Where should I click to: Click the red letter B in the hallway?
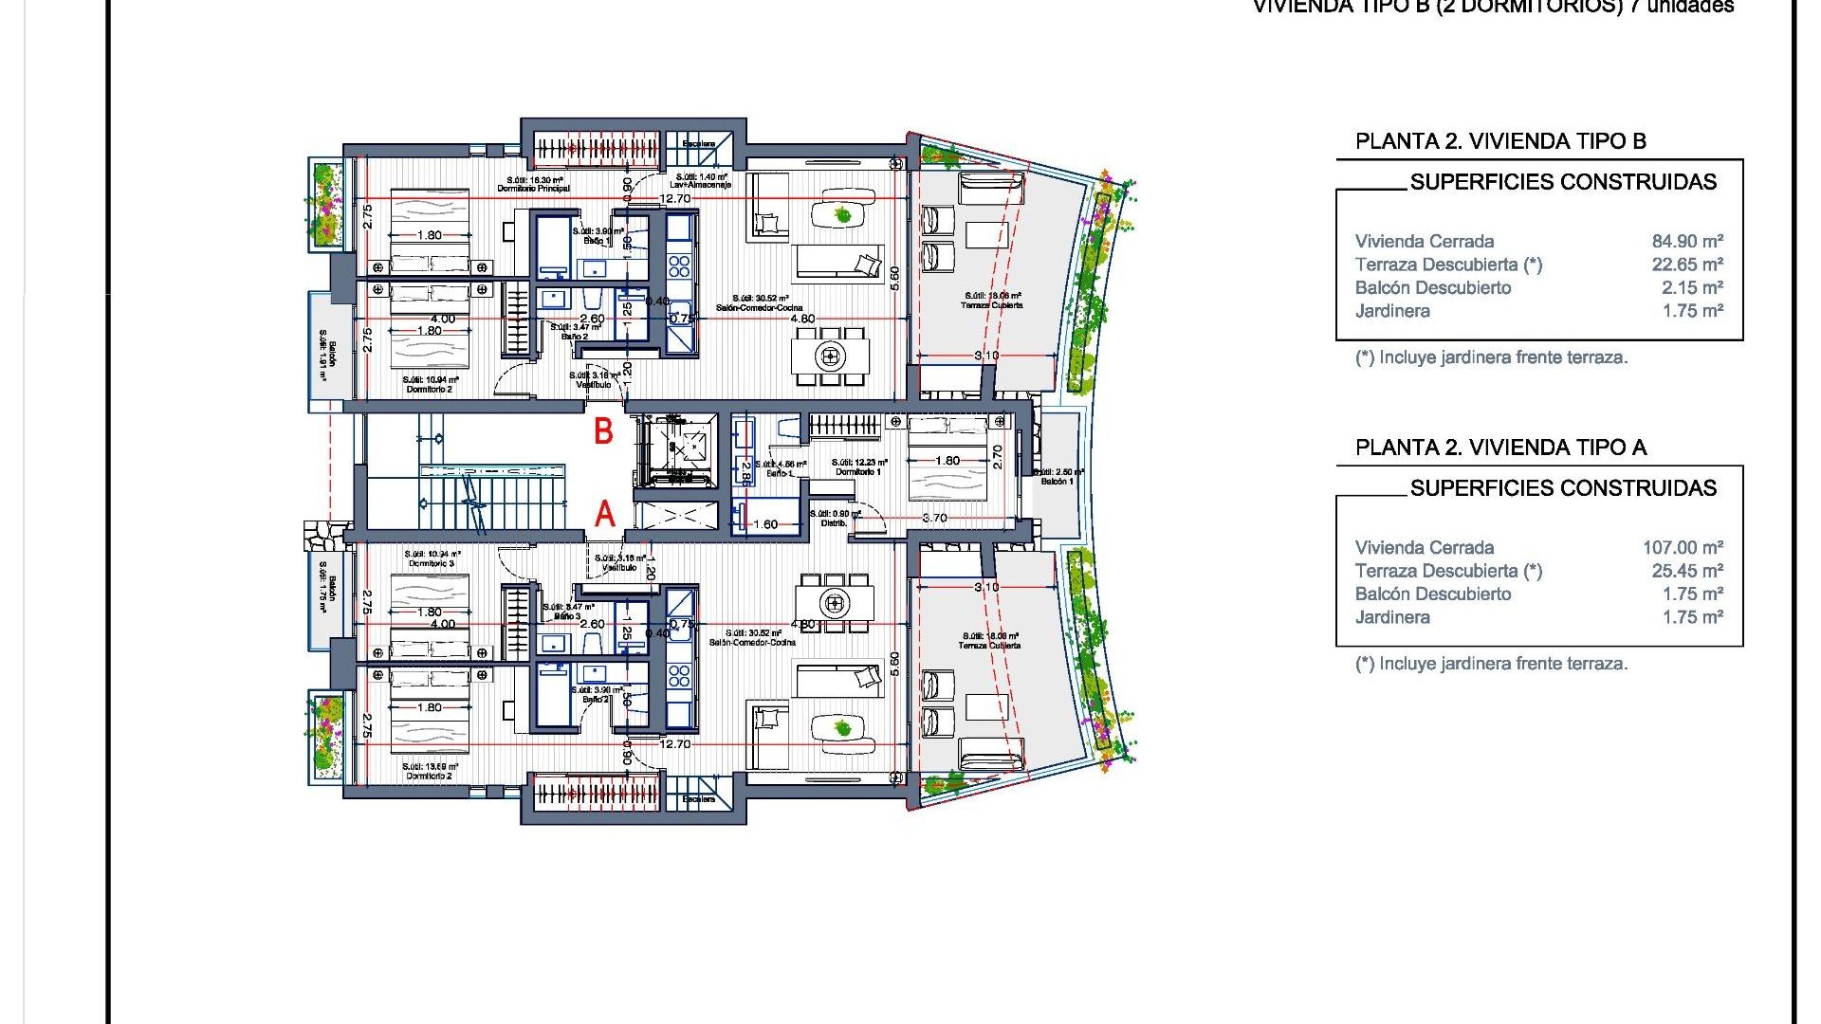click(603, 431)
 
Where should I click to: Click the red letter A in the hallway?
click(604, 514)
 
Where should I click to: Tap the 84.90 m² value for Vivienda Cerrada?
click(1687, 242)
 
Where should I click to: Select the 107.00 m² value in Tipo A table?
click(1683, 548)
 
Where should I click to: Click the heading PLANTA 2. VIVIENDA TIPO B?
click(1500, 141)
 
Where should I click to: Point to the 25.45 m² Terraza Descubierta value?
click(1687, 571)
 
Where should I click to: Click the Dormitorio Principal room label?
click(534, 189)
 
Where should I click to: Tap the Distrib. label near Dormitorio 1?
click(834, 523)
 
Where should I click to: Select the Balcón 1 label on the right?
click(1057, 482)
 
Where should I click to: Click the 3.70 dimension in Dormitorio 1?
click(934, 518)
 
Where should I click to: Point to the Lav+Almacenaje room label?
click(702, 185)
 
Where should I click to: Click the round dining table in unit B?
click(831, 357)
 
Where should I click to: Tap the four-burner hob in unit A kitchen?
click(679, 675)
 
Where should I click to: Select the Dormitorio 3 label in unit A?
click(432, 563)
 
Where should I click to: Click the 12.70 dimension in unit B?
click(675, 199)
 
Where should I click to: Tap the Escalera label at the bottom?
click(699, 799)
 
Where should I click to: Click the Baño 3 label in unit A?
click(567, 616)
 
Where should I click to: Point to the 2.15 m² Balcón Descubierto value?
click(1692, 288)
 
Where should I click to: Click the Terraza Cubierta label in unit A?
click(989, 645)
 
